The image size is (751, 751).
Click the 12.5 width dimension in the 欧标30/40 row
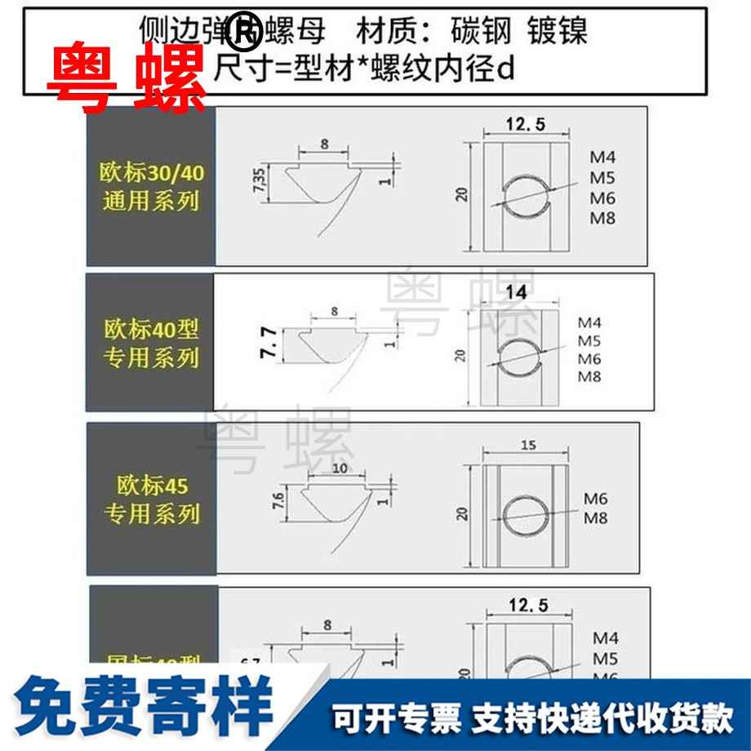pyautogui.click(x=525, y=124)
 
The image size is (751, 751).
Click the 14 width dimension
pyautogui.click(x=515, y=292)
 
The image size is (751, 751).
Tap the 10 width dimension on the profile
pyautogui.click(x=340, y=468)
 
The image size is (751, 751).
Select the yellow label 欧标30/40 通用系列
pyautogui.click(x=151, y=187)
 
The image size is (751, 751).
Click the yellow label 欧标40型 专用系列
pyautogui.click(x=151, y=344)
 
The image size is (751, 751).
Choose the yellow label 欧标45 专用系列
pyautogui.click(x=151, y=500)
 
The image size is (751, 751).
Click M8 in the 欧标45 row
pyautogui.click(x=598, y=518)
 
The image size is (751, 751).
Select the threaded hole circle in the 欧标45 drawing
pyautogui.click(x=522, y=513)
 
